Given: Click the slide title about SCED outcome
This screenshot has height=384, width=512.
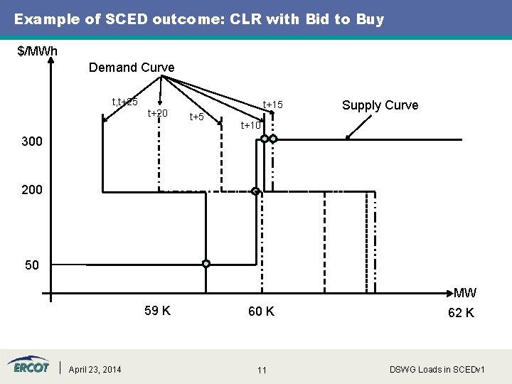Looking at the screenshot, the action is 199,19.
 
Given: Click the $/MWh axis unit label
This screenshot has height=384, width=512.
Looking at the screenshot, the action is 37,51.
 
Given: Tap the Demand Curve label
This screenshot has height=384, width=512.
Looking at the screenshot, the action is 132,68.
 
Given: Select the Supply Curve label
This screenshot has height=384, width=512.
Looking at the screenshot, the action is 380,105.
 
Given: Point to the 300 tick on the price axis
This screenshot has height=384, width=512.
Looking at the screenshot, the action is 32,142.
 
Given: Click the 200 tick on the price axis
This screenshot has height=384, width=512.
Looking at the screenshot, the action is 32,190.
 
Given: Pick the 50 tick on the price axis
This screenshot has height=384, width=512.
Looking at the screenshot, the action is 32,265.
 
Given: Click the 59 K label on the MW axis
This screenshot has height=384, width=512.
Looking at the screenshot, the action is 156,311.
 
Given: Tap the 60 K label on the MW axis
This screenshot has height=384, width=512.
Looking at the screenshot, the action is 261,311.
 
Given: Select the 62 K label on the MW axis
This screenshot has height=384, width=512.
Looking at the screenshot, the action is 461,313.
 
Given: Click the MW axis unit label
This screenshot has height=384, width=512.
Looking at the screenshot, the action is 465,293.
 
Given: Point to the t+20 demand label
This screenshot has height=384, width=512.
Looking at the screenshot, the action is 157,114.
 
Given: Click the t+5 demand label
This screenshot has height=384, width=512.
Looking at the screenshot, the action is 196,117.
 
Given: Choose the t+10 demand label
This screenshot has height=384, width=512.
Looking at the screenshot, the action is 250,126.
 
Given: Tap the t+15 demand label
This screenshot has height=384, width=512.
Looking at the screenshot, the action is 273,105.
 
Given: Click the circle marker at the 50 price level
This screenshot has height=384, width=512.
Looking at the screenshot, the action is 206,264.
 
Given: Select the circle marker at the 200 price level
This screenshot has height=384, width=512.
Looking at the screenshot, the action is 255,191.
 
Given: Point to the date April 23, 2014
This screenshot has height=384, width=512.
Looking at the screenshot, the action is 95,369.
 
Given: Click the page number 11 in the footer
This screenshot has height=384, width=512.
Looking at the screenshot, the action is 262,370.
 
